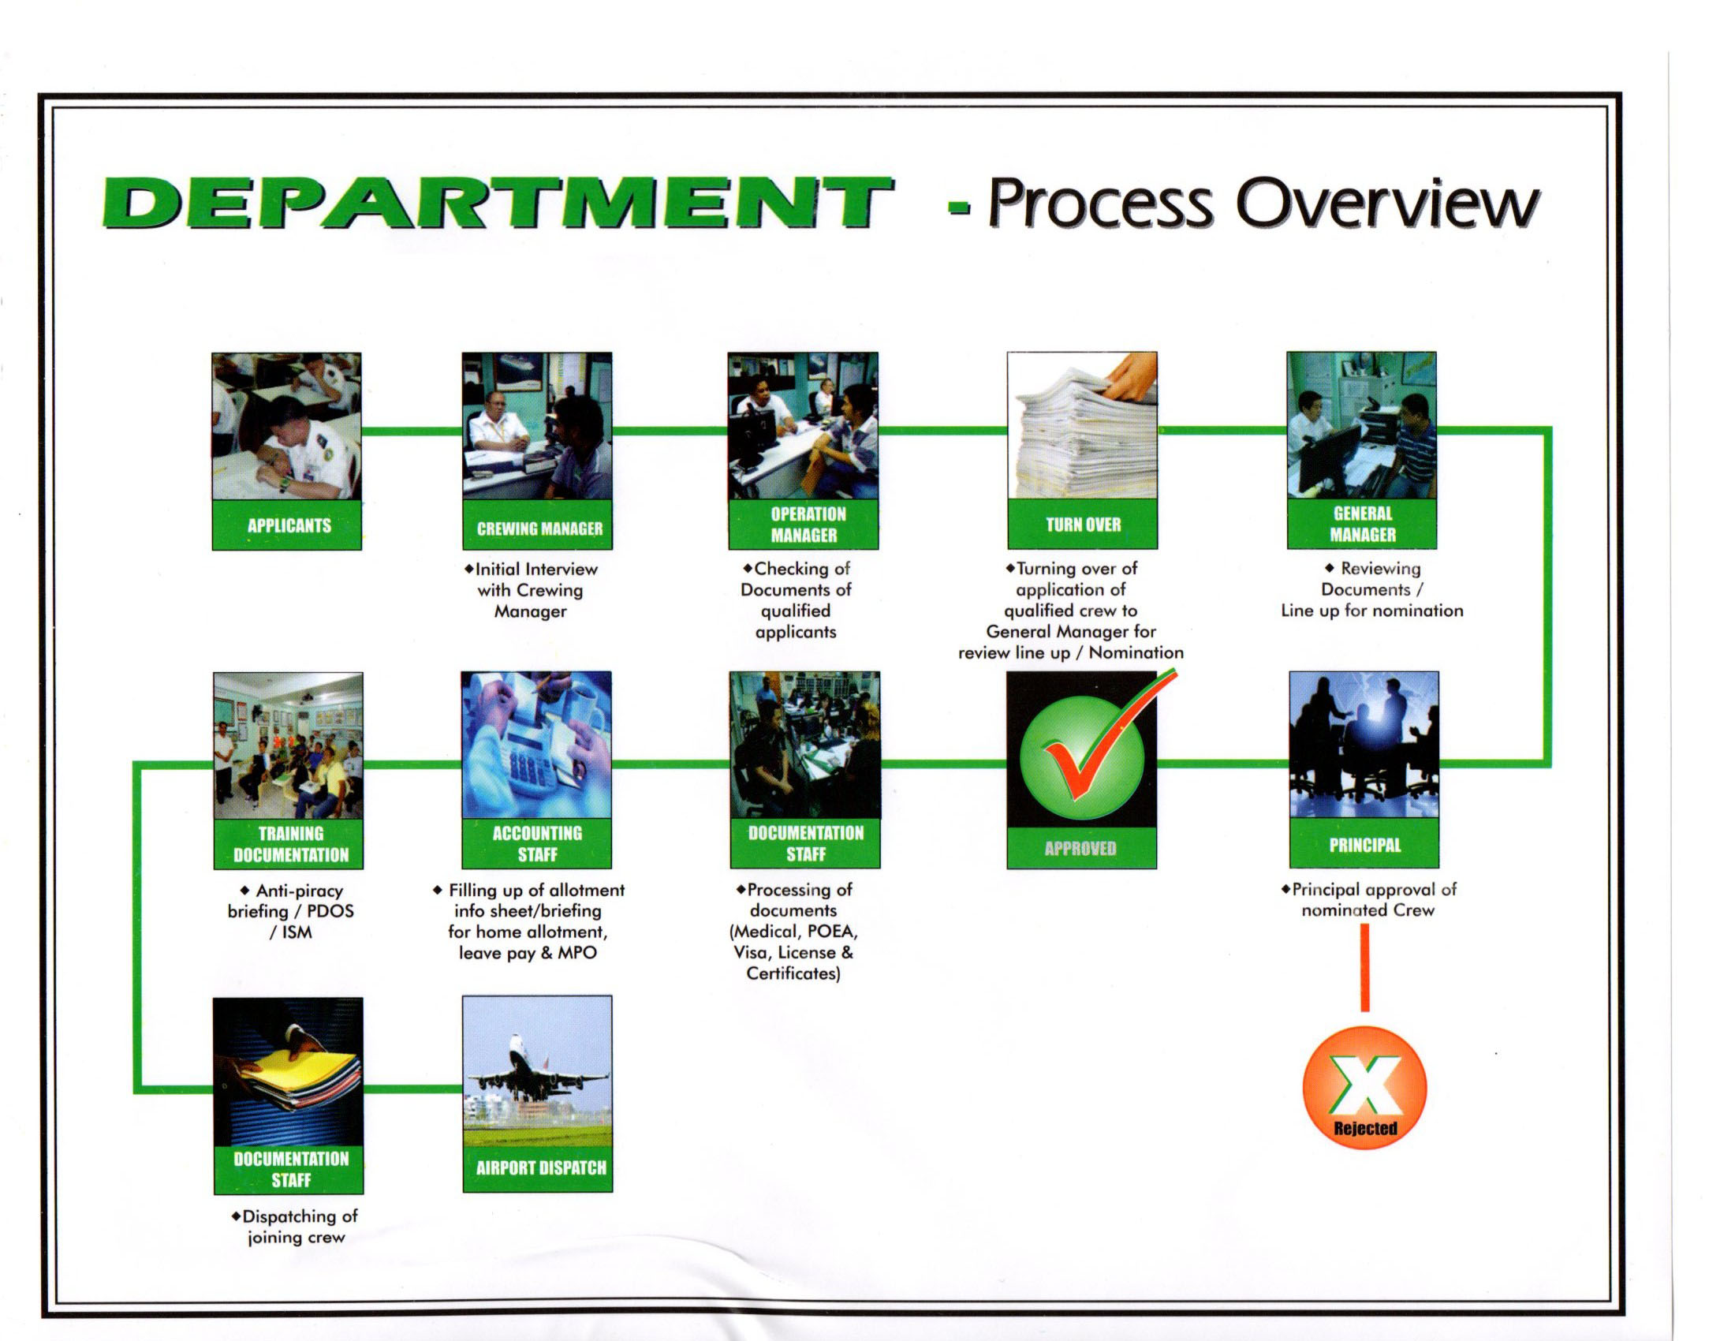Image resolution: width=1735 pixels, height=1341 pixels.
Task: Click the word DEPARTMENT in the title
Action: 498,203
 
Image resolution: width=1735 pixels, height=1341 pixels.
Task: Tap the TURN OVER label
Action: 1083,525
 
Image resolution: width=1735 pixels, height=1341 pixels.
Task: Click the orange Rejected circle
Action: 1365,1087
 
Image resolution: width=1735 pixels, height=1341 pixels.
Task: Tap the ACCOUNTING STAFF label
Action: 537,844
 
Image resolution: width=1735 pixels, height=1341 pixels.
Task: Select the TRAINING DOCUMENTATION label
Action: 291,844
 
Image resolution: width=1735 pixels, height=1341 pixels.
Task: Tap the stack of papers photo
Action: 1082,425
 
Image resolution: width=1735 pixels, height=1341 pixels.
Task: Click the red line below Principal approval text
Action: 1365,968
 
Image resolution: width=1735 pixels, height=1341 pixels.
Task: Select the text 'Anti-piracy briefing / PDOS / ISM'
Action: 291,911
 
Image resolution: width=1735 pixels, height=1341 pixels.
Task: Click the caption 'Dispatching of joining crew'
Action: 295,1227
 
